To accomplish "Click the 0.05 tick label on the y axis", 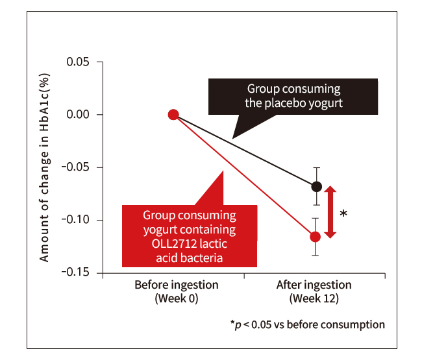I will [79, 62].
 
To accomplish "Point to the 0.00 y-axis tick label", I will [79, 115].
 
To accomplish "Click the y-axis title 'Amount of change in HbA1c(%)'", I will [45, 168].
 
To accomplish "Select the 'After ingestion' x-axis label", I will [314, 285].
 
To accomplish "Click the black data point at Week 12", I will [316, 187].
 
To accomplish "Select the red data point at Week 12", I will [316, 237].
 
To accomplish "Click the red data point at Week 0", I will [173, 115].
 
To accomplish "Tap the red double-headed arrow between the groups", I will [330, 212].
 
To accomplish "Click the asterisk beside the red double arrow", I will [343, 213].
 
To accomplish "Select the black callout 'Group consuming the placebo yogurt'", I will [293, 97].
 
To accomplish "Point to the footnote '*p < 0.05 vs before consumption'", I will [307, 324].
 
